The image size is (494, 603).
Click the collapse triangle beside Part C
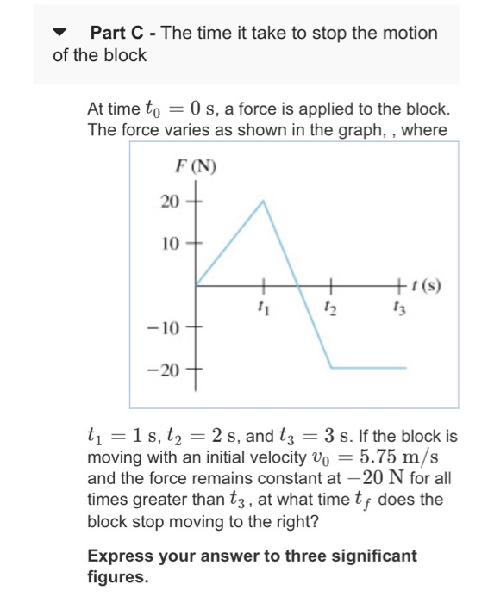[x=59, y=34]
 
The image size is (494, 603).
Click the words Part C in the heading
[x=119, y=34]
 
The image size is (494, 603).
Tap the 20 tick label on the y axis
[x=170, y=202]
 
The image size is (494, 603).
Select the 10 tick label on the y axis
[x=170, y=244]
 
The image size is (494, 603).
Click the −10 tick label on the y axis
[x=165, y=328]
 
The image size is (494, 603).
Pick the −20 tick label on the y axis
[x=165, y=371]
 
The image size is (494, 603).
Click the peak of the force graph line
[x=263, y=201]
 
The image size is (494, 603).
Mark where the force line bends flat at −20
[x=331, y=369]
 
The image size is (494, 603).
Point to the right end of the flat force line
[x=405, y=369]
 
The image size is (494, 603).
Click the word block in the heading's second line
[x=128, y=56]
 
